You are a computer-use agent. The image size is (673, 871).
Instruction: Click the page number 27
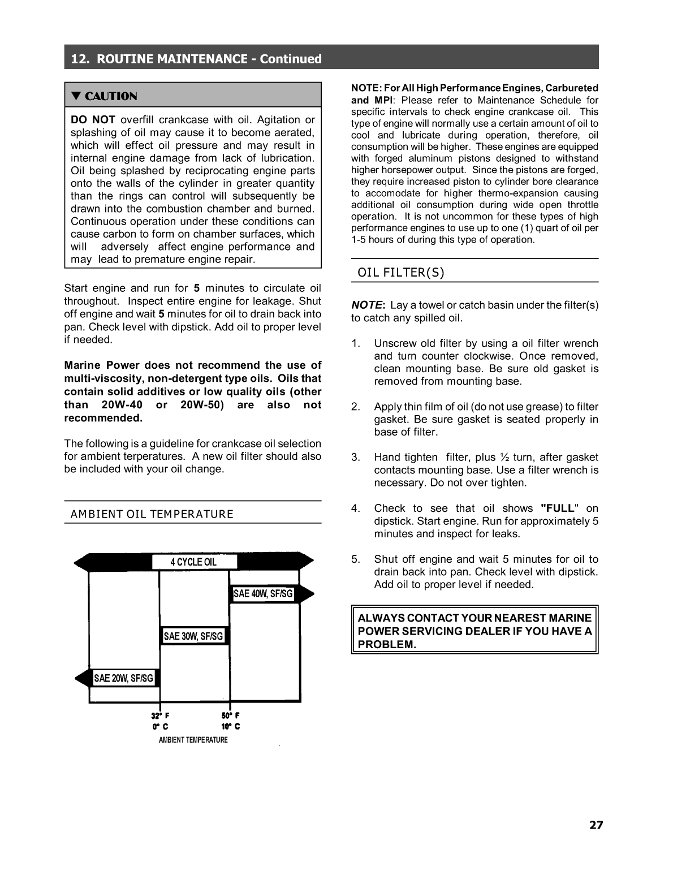[x=596, y=825]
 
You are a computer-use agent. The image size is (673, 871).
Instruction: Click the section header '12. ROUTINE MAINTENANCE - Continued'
[x=196, y=59]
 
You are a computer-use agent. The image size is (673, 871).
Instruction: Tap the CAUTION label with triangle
[x=104, y=96]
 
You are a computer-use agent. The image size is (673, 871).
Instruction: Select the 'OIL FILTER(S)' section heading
[x=401, y=273]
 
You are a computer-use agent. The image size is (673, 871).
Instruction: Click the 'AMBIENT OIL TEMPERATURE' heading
[x=152, y=514]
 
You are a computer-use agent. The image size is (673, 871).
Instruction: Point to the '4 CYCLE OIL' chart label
[x=194, y=562]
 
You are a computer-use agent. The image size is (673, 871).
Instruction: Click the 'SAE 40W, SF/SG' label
[x=263, y=594]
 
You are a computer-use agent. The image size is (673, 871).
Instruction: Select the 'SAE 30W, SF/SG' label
[x=193, y=636]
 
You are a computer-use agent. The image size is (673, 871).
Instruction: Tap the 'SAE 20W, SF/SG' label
[x=123, y=678]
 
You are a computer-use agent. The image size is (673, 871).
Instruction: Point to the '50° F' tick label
[x=231, y=715]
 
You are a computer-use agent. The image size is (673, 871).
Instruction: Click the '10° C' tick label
[x=231, y=727]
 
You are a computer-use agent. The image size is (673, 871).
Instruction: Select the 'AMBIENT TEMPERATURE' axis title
[x=193, y=740]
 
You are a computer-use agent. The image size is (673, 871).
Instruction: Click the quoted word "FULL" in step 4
[x=559, y=508]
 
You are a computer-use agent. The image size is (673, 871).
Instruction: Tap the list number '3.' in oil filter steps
[x=356, y=458]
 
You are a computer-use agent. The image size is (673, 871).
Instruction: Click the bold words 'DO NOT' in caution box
[x=93, y=120]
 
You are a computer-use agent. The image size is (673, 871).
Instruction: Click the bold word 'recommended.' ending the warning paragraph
[x=103, y=418]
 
